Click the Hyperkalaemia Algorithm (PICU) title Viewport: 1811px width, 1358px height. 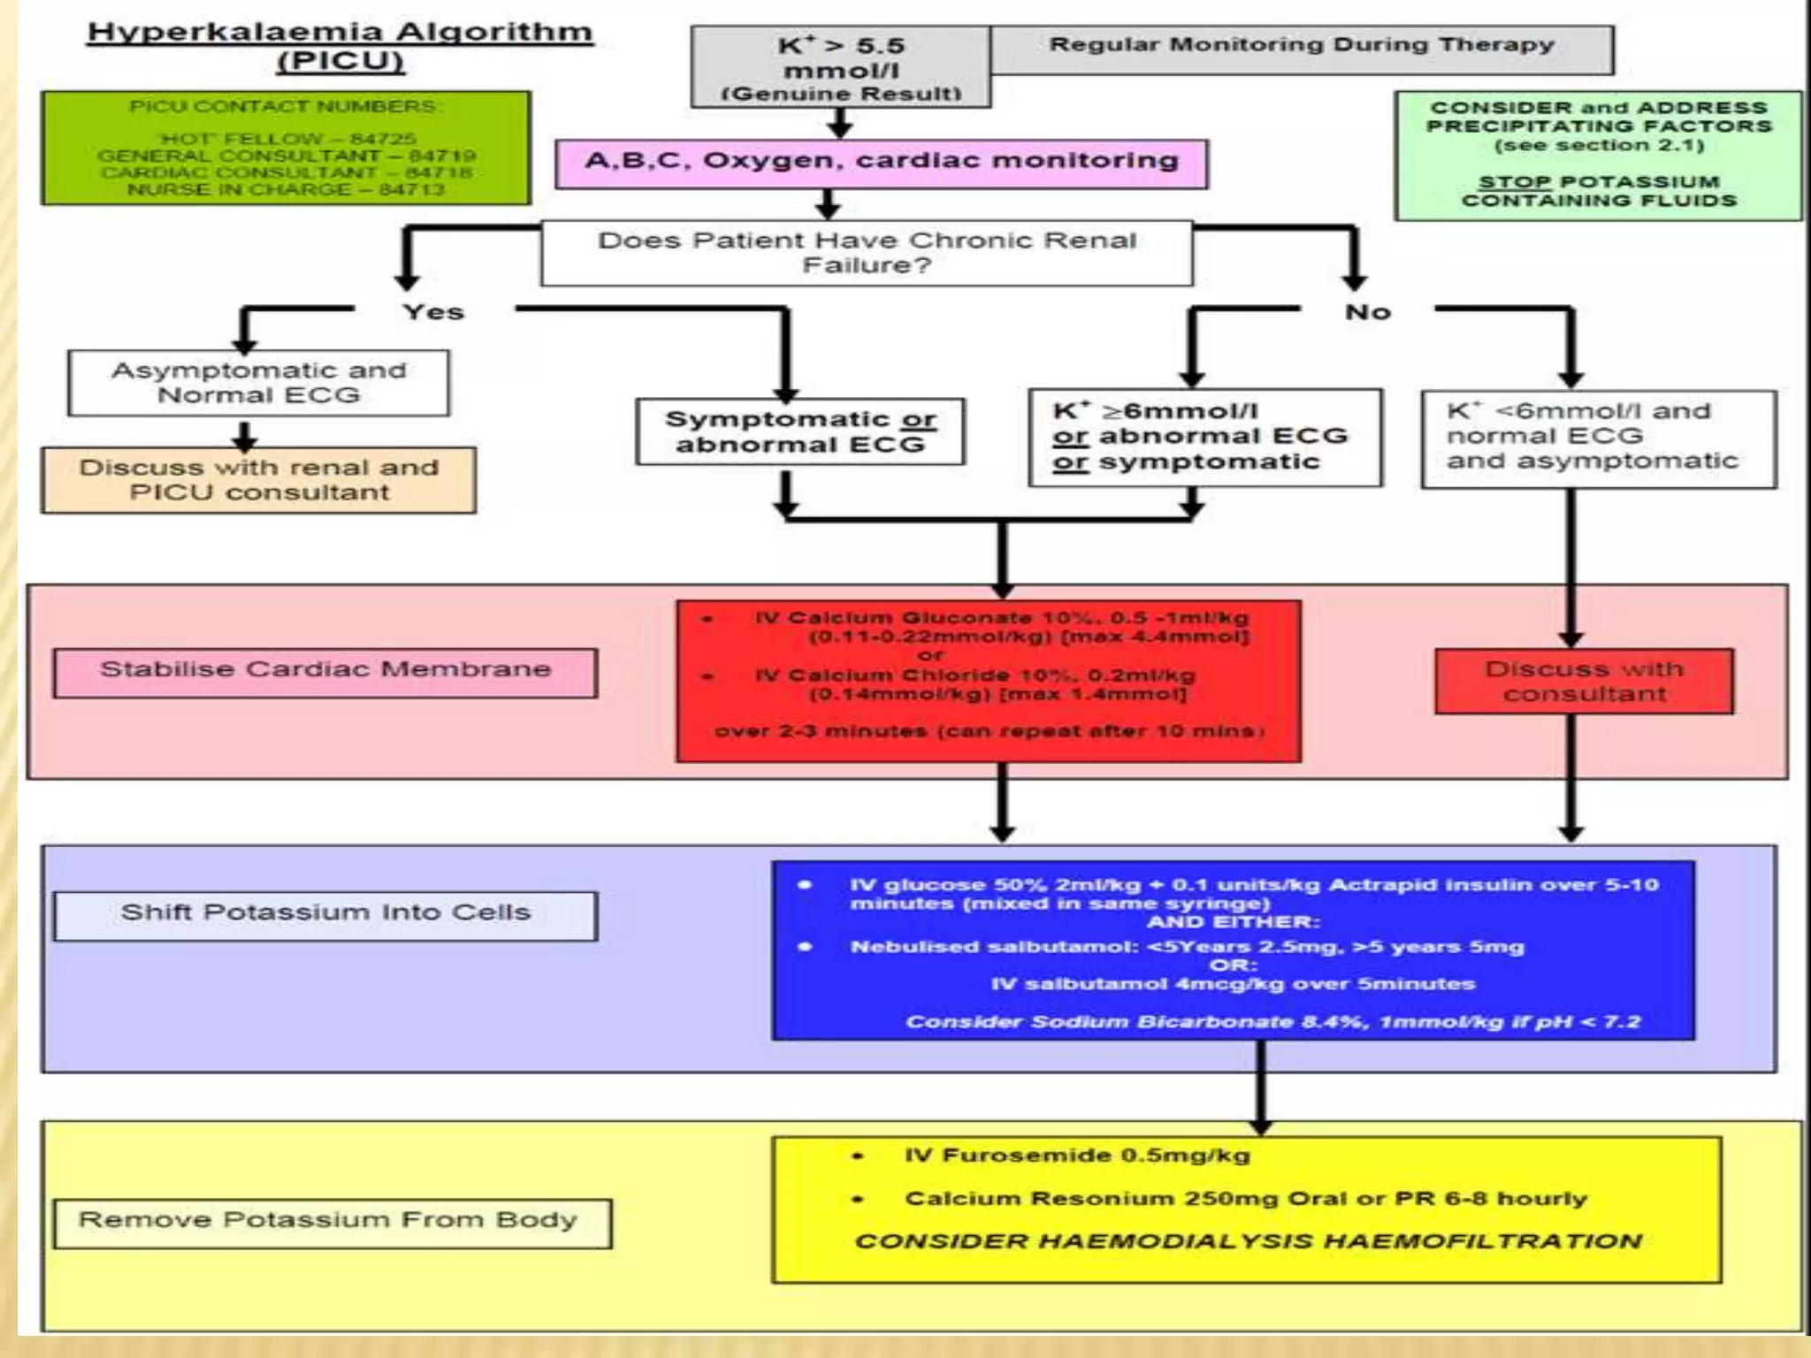[x=340, y=45]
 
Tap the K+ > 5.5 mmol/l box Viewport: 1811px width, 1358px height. [x=840, y=68]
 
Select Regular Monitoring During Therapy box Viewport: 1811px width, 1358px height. [x=1301, y=46]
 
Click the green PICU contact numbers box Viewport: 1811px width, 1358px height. [x=286, y=149]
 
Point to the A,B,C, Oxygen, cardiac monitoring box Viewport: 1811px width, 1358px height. [x=882, y=162]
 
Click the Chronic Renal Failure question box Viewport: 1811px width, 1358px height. [x=867, y=253]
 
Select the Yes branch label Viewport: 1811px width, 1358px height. [x=432, y=312]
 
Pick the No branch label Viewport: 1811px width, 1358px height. [x=1367, y=312]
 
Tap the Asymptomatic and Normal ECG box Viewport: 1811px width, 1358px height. [x=258, y=383]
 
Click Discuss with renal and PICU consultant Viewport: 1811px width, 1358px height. [x=258, y=480]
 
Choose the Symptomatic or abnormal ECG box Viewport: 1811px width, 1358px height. [x=800, y=431]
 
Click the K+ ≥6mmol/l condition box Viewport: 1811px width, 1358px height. [x=1204, y=437]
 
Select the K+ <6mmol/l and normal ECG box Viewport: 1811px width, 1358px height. [x=1598, y=438]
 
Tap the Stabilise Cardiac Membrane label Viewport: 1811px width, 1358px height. [x=325, y=671]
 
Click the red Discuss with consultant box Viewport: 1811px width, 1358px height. [x=1584, y=682]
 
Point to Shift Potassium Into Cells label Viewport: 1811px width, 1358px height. [x=325, y=913]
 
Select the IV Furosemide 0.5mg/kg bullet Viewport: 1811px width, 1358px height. [x=1076, y=1156]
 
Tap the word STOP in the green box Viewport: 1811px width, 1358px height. [x=1514, y=182]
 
